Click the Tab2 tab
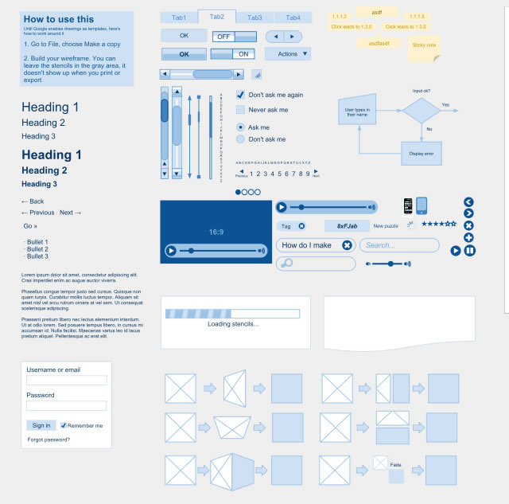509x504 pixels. click(x=217, y=17)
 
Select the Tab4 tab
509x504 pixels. click(x=293, y=18)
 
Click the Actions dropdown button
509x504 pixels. click(x=287, y=54)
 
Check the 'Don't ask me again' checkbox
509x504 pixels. click(x=240, y=95)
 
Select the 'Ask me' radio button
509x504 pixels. click(x=240, y=127)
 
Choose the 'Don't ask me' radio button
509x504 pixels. click(x=240, y=139)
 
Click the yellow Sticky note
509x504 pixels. click(x=423, y=45)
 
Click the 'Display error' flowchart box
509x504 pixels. click(x=421, y=153)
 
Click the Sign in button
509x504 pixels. click(x=41, y=425)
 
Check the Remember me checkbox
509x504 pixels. click(x=64, y=425)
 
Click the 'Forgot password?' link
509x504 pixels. click(x=49, y=440)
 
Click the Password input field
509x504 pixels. click(x=66, y=406)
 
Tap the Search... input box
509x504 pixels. click(x=399, y=245)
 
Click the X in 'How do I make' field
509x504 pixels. click(x=347, y=245)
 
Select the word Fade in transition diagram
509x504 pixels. click(x=395, y=464)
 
